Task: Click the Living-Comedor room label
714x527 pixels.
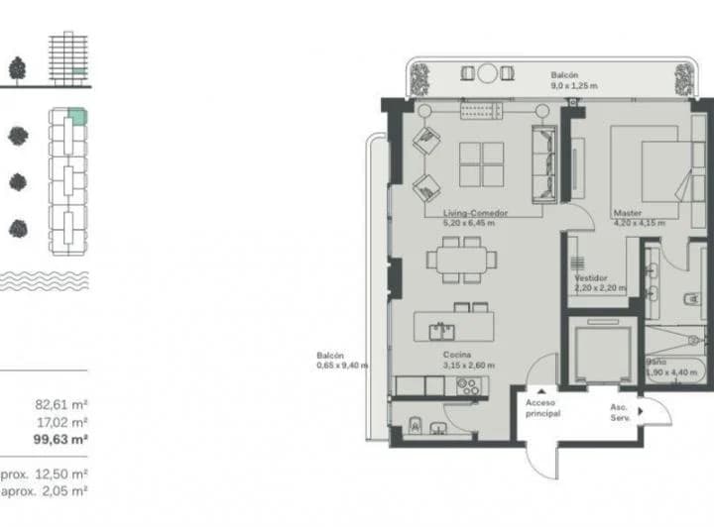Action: point(469,213)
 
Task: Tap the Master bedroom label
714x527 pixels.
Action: point(627,213)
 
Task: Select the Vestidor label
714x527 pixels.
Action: point(591,278)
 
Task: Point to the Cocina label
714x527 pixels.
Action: point(457,355)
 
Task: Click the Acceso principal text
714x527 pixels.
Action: point(542,408)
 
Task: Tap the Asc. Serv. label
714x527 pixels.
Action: point(621,410)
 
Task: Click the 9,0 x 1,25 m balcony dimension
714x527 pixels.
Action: point(574,87)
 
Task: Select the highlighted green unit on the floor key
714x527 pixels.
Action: point(78,118)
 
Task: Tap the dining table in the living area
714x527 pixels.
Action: point(462,260)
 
